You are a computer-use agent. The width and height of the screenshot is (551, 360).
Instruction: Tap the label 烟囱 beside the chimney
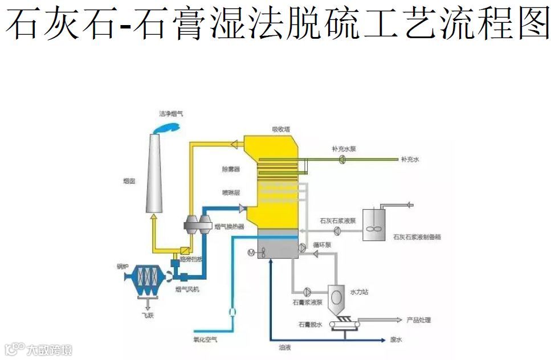click(x=129, y=182)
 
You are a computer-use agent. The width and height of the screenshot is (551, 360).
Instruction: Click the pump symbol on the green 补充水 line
click(x=342, y=160)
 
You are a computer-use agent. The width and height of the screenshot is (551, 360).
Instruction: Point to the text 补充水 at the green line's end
click(x=410, y=160)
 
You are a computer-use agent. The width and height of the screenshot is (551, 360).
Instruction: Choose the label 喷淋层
click(x=231, y=193)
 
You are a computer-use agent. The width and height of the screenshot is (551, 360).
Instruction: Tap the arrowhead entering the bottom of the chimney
click(x=153, y=217)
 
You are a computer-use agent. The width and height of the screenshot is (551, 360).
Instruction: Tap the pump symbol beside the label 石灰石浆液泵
click(x=337, y=230)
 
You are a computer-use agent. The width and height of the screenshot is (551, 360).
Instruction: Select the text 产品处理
click(x=419, y=320)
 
